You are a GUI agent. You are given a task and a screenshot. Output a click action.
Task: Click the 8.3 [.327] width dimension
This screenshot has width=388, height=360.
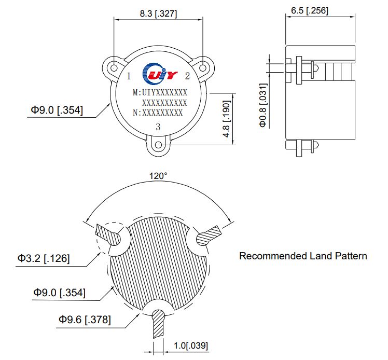pos(158,14)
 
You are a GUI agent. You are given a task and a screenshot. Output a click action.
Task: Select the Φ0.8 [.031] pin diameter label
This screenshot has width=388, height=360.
pos(263,105)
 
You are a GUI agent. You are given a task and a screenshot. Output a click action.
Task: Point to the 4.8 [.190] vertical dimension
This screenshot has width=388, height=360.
pos(226,119)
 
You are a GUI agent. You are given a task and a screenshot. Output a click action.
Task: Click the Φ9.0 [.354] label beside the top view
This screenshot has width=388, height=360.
pos(57,110)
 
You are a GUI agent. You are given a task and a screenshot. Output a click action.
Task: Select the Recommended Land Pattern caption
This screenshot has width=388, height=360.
pos(303,256)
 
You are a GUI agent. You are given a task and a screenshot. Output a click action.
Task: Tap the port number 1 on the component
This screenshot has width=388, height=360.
pos(129,76)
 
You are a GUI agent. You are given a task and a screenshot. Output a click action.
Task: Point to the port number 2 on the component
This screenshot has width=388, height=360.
pos(187,76)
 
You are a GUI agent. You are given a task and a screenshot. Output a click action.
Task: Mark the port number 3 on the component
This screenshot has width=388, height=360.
pos(158,127)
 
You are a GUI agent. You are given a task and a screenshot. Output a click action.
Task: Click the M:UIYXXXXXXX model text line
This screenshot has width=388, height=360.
pos(160,93)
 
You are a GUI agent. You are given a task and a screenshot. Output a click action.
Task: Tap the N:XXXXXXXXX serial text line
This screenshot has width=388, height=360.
pos(158,112)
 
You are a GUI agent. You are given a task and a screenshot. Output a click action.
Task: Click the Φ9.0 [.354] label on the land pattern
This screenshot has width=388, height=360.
pos(60,293)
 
